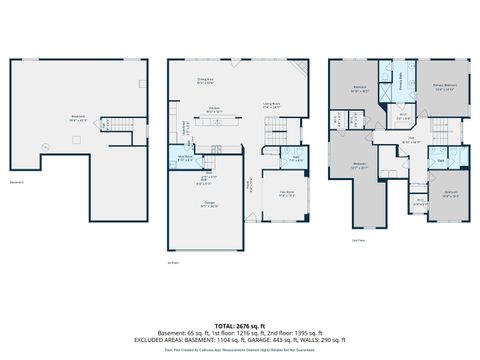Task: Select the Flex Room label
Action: pyautogui.click(x=288, y=195)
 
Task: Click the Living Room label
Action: pyautogui.click(x=271, y=104)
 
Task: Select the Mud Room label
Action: pyautogui.click(x=185, y=157)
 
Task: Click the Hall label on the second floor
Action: pyautogui.click(x=410, y=141)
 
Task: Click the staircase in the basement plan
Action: pyautogui.click(x=118, y=124)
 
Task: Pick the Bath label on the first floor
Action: pyautogui.click(x=296, y=157)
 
